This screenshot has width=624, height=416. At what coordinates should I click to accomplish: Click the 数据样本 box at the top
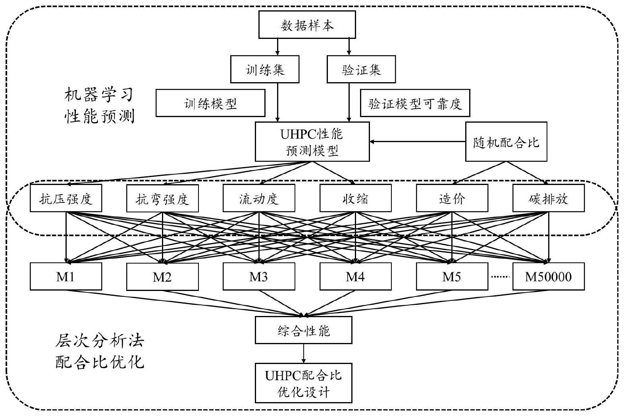307,25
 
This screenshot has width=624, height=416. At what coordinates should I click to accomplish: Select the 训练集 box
265,69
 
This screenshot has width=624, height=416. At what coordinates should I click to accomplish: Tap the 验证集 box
361,69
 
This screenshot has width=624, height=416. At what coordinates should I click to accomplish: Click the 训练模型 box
210,103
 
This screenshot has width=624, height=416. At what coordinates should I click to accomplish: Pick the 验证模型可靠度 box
414,103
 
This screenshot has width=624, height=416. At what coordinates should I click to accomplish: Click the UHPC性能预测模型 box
312,142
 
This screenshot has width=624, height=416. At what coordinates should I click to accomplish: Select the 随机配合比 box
506,142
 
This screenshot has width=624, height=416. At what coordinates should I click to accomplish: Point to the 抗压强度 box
66,198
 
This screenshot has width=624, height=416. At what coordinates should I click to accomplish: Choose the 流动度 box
259,198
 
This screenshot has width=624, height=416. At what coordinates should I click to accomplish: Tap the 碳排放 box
548,198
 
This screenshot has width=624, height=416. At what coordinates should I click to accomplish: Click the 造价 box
452,198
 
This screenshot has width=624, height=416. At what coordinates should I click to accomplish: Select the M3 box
259,276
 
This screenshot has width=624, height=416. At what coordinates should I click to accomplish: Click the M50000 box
548,276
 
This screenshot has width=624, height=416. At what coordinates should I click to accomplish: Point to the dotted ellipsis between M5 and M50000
500,277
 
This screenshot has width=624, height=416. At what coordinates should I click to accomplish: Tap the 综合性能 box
303,330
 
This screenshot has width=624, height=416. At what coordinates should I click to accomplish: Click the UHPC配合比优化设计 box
303,383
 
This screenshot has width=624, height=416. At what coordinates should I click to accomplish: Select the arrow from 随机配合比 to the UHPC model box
417,141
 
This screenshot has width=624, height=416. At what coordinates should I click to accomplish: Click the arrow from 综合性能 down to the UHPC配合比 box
304,353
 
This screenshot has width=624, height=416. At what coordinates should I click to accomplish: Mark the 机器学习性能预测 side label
99,106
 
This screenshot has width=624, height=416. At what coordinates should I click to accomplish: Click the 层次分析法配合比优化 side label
99,351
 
